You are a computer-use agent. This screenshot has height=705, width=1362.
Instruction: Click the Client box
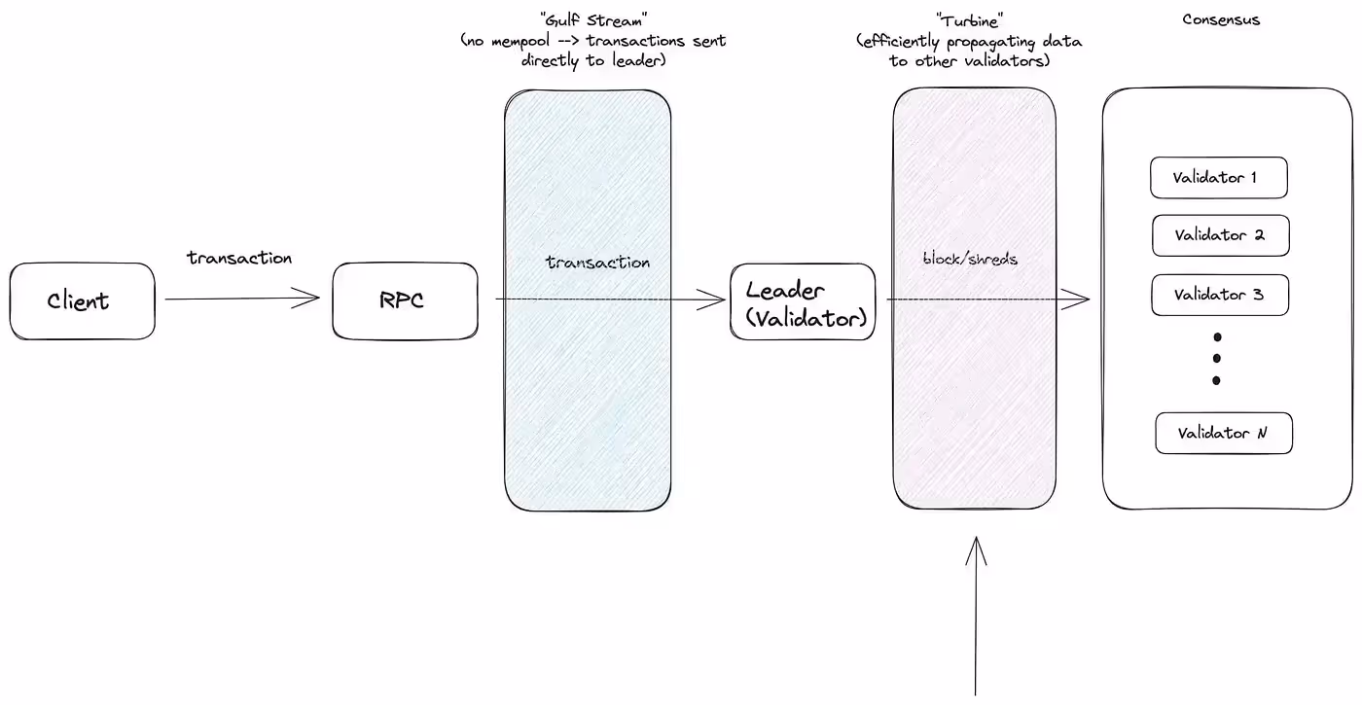(x=83, y=301)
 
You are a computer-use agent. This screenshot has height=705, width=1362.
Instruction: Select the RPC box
(x=405, y=301)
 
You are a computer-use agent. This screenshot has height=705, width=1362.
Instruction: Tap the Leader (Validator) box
(x=803, y=302)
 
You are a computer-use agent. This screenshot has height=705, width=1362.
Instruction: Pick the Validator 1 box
(x=1218, y=178)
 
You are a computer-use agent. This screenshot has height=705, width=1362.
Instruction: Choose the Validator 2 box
(x=1220, y=235)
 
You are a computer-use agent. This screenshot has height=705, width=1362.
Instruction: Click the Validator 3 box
(x=1219, y=295)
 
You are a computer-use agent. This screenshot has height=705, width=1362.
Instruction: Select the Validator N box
(x=1223, y=433)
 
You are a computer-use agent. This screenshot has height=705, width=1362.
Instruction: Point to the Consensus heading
(x=1221, y=19)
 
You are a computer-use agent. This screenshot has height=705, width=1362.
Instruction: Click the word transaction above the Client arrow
(x=239, y=259)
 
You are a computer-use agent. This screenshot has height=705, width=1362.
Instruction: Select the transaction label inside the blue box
(x=597, y=263)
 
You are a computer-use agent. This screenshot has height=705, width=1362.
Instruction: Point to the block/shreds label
(x=969, y=260)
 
